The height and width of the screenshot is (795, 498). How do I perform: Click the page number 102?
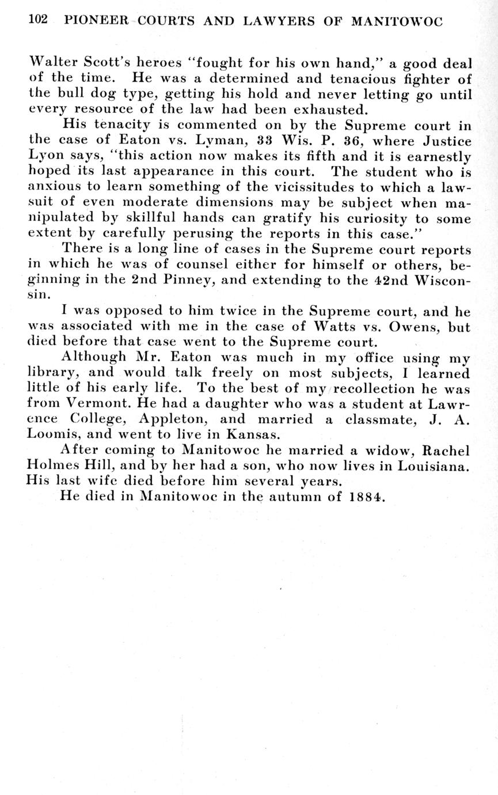[37, 20]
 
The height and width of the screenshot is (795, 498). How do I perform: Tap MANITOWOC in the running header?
[397, 21]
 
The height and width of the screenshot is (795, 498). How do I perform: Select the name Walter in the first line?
[51, 63]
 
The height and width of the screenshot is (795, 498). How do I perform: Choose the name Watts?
[337, 327]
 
